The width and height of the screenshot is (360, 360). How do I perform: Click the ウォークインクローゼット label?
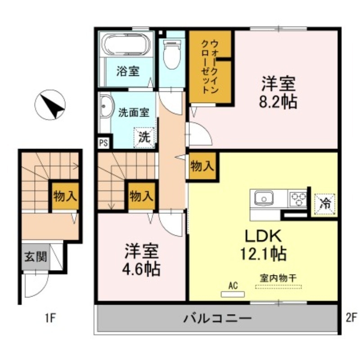click(x=210, y=67)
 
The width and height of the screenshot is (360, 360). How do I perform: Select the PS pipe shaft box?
click(x=103, y=144)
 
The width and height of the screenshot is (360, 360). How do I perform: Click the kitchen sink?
click(x=263, y=198)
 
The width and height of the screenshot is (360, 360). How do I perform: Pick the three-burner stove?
click(x=297, y=198)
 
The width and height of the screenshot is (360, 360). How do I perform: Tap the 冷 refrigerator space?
click(x=324, y=203)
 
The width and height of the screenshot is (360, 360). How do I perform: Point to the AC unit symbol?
click(x=233, y=294)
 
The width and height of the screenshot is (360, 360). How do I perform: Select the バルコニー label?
click(x=217, y=319)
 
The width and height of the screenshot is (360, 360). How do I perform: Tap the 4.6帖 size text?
click(x=141, y=270)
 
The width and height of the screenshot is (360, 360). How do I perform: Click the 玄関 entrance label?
click(x=35, y=257)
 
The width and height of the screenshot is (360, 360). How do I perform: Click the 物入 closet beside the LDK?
click(x=202, y=166)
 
